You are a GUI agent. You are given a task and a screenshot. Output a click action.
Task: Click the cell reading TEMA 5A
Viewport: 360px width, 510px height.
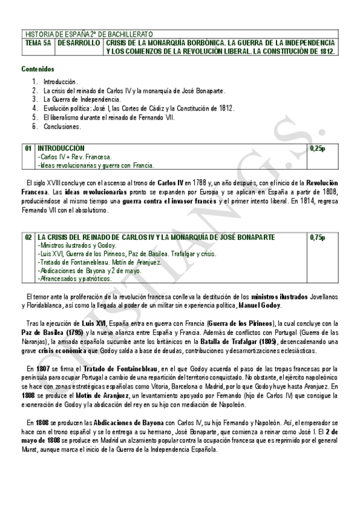38,43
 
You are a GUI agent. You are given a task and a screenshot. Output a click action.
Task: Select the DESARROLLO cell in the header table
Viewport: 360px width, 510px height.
79,43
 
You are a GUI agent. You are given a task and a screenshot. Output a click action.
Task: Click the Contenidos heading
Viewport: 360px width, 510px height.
38,69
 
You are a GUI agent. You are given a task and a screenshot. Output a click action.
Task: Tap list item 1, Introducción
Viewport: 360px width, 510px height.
60,81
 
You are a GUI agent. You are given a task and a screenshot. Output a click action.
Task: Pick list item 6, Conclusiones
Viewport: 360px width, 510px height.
62,126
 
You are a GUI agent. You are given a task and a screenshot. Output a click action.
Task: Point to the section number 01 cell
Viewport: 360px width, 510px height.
28,148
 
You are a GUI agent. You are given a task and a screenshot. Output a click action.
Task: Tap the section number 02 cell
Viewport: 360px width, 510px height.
28,238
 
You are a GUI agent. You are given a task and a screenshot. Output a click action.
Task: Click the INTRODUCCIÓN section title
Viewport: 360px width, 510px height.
61,148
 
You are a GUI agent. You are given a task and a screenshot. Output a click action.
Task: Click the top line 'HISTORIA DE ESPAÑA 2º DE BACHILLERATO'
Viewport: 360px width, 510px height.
89,34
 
